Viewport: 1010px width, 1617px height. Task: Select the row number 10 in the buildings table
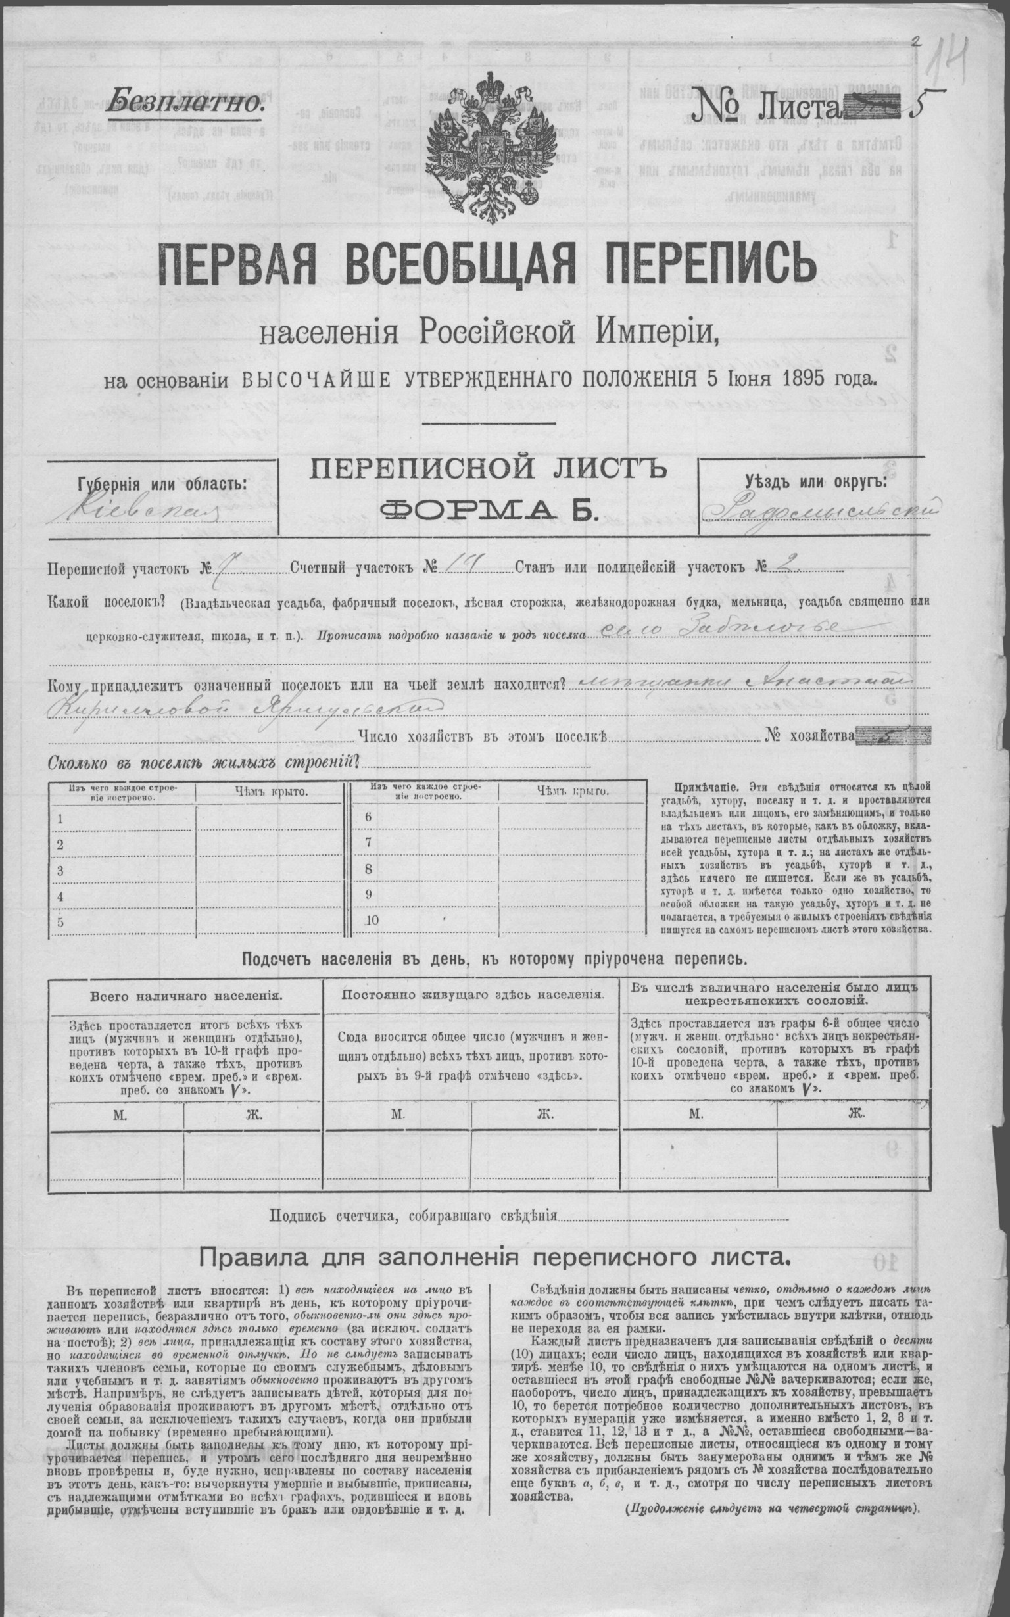click(372, 921)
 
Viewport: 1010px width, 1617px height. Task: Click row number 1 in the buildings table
click(61, 818)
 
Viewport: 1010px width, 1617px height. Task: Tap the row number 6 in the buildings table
click(369, 817)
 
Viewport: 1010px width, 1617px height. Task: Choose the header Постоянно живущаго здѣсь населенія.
click(472, 994)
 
